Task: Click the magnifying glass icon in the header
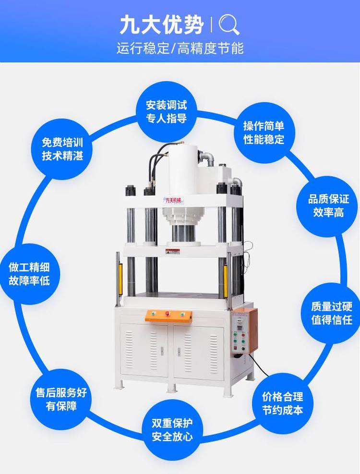point(229,25)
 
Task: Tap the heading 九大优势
point(161,25)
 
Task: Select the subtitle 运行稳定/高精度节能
point(180,49)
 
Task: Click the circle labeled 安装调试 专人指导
point(167,112)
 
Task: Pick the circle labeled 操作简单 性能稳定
point(264,133)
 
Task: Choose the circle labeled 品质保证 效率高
point(328,206)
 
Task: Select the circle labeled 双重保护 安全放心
point(172,430)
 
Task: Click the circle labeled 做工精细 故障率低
point(29,274)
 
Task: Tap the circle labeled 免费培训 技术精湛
point(62,149)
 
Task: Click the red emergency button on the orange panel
point(167,313)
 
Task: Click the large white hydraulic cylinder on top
point(183,171)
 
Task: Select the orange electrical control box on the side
point(244,330)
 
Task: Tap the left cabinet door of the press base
point(144,350)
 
